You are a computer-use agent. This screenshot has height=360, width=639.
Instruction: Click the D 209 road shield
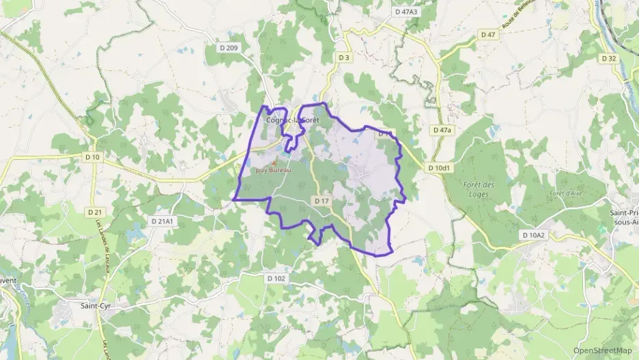pos(231,48)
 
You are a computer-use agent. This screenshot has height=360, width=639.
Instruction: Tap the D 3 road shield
pos(344,58)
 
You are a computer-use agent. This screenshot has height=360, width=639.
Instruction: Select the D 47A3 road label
pos(406,12)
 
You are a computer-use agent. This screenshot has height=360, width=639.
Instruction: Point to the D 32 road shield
pos(608,58)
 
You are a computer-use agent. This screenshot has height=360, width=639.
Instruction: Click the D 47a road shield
pos(442,130)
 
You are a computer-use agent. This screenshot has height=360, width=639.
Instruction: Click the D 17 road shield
pos(322,201)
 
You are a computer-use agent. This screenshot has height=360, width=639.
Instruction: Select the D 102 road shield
pos(276,278)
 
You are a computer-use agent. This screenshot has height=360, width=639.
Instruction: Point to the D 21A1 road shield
pos(162,221)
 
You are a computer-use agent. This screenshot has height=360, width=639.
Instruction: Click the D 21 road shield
pos(94,212)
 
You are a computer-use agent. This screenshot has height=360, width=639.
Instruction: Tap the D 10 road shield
pos(93,158)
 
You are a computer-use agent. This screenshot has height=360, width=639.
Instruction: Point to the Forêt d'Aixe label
pos(564,193)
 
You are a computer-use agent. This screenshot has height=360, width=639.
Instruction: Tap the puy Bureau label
pos(273,170)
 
